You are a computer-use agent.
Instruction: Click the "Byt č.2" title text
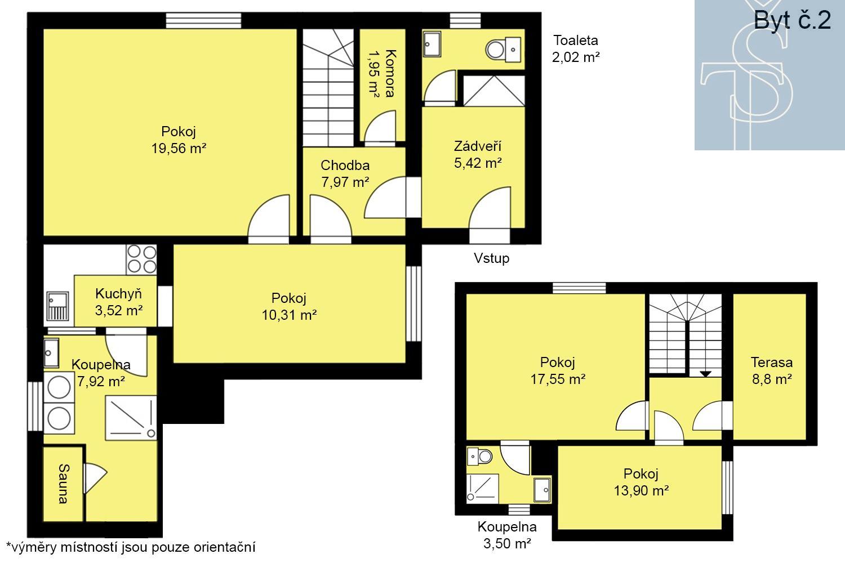tap(792, 20)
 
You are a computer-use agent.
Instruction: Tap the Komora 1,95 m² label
tap(382, 73)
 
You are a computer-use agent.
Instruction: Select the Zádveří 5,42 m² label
tap(478, 155)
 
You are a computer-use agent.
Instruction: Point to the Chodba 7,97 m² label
tap(345, 173)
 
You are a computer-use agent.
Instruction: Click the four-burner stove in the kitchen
tap(141, 260)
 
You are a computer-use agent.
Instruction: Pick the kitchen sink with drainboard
tap(57, 306)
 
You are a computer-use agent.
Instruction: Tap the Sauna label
tap(64, 484)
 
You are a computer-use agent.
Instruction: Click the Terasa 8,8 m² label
tap(772, 370)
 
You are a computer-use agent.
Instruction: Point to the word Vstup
tap(492, 258)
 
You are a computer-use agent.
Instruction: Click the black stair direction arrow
tap(705, 374)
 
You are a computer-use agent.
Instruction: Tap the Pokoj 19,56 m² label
tap(179, 140)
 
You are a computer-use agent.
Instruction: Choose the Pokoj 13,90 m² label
tap(641, 482)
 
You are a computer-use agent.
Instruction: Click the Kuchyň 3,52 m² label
tap(118, 302)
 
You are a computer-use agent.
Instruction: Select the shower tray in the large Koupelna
tap(131, 418)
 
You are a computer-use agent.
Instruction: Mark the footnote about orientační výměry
tap(131, 547)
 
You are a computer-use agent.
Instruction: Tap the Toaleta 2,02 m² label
tap(576, 48)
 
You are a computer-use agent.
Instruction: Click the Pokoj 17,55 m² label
tap(558, 370)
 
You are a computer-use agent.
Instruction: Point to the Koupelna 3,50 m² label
tap(507, 535)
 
